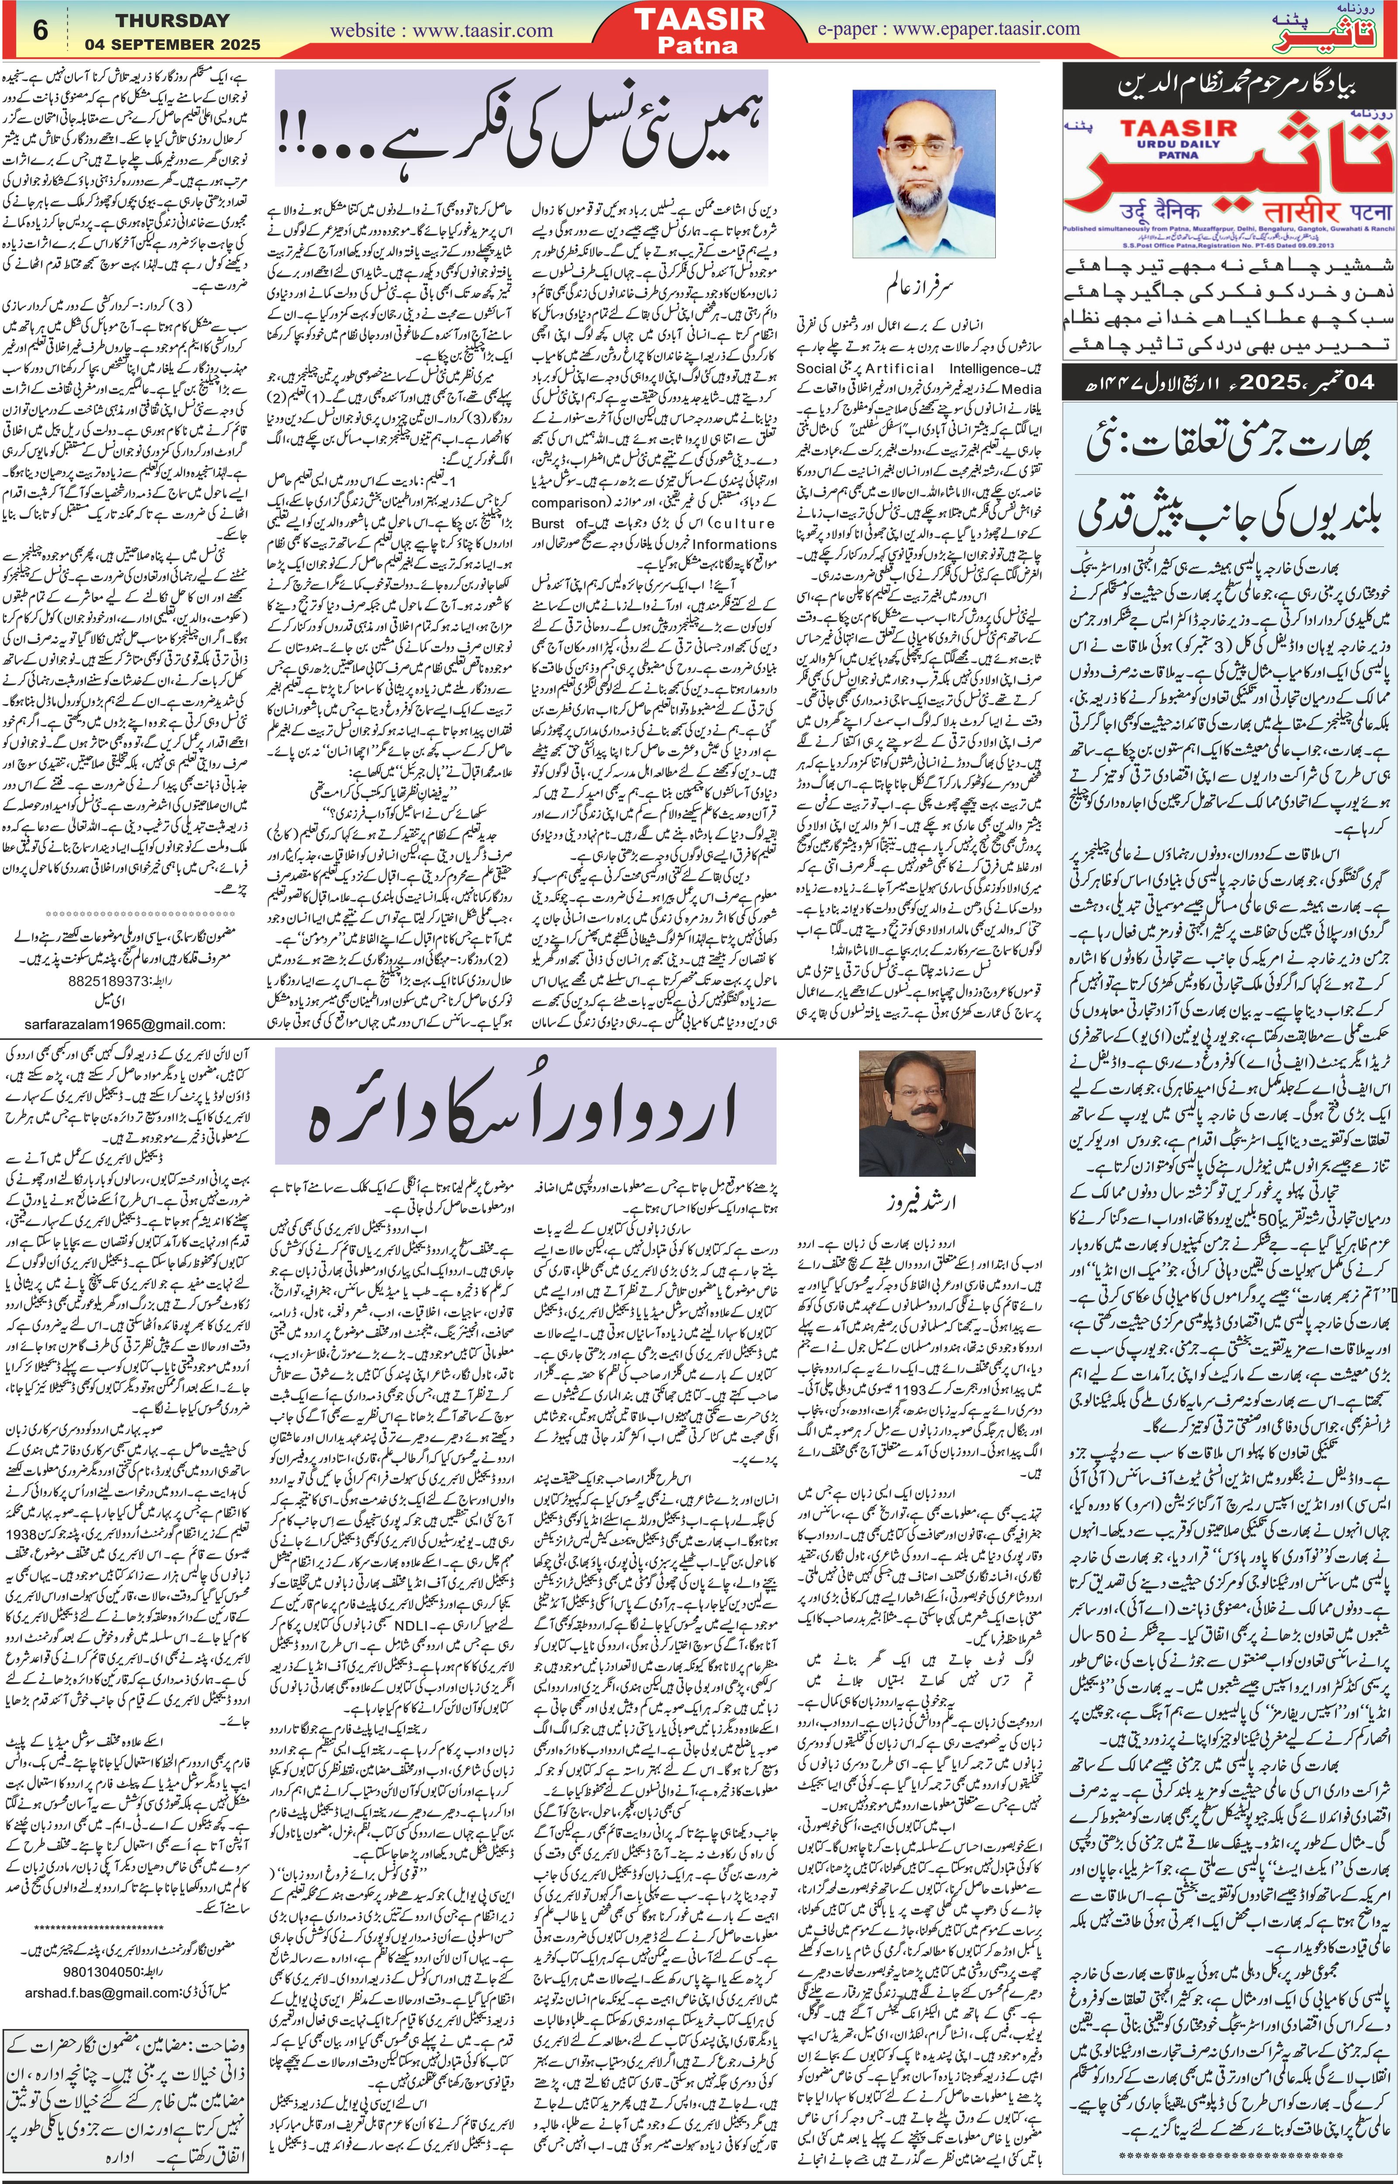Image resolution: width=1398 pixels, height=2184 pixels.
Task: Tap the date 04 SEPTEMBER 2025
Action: pos(173,44)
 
